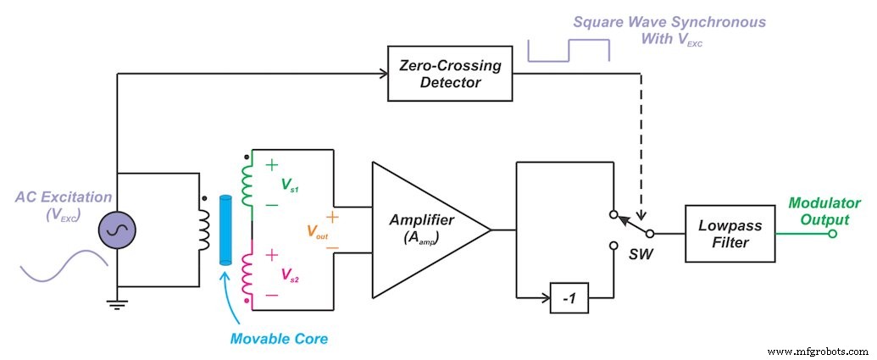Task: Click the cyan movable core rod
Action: [x=225, y=231]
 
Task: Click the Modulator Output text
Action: [x=824, y=212]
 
